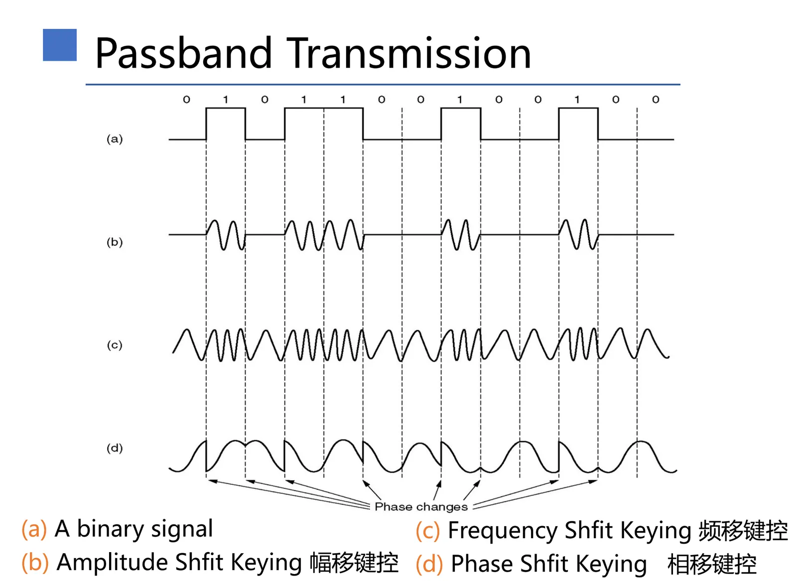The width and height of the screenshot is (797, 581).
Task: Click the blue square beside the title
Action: (x=60, y=45)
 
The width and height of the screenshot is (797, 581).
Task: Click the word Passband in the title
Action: (x=184, y=53)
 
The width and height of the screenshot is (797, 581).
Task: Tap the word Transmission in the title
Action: (x=408, y=53)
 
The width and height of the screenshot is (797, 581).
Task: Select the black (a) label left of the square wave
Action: (x=115, y=139)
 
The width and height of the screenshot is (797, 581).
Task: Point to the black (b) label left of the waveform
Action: (x=115, y=242)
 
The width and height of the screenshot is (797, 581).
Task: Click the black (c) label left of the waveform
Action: (x=115, y=345)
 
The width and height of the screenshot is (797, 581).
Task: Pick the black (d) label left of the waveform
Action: (x=115, y=448)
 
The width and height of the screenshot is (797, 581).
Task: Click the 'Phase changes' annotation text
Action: (x=421, y=507)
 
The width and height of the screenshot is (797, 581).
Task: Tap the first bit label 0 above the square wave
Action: (x=186, y=100)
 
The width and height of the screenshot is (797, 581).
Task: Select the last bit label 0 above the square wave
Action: (x=656, y=100)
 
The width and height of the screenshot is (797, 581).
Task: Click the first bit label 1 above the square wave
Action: (x=226, y=100)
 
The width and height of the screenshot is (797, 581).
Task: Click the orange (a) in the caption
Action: (x=34, y=529)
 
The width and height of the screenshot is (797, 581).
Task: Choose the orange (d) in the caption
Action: (x=429, y=564)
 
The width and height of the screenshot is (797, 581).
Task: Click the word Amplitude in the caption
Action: (x=113, y=563)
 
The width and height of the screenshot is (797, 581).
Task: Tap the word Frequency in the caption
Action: (x=503, y=531)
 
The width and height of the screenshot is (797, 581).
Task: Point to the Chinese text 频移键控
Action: (x=743, y=531)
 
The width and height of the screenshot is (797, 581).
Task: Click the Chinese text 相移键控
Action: (x=712, y=564)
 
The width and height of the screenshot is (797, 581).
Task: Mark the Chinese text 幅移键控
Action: (x=354, y=563)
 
